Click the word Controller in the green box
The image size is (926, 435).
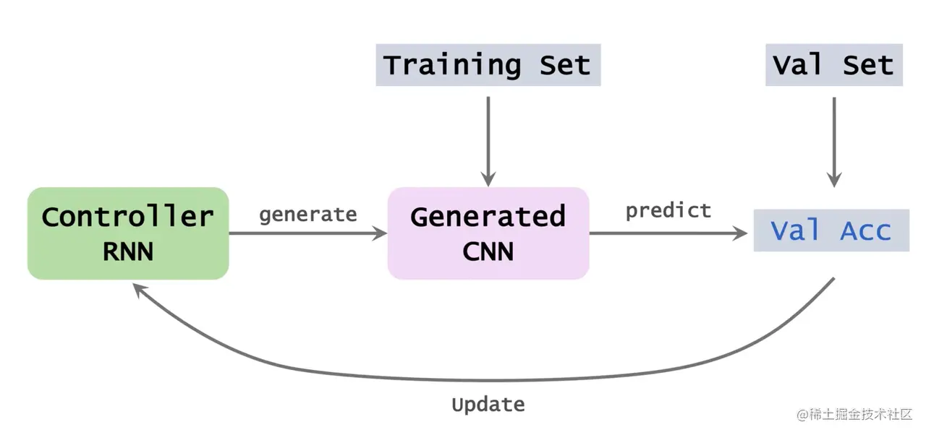tap(127, 216)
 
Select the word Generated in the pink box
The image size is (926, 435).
tap(488, 216)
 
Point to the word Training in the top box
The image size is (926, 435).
tap(451, 65)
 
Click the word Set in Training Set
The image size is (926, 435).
tap(565, 65)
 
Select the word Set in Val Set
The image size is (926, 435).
tap(868, 65)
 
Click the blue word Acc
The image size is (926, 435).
tap(865, 231)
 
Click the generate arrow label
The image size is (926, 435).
tap(307, 215)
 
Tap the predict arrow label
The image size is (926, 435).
tap(668, 210)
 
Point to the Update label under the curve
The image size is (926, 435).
tap(488, 404)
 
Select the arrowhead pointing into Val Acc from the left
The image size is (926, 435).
tap(740, 233)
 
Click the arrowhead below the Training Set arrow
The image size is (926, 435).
tap(488, 179)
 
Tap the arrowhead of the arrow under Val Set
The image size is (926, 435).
tap(834, 179)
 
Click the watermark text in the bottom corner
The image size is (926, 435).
tap(854, 415)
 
